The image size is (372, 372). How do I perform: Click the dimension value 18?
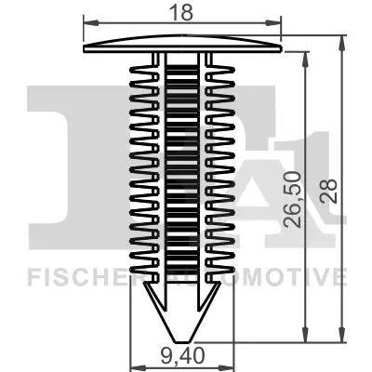[182, 11]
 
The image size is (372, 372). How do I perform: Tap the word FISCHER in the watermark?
[70, 277]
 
